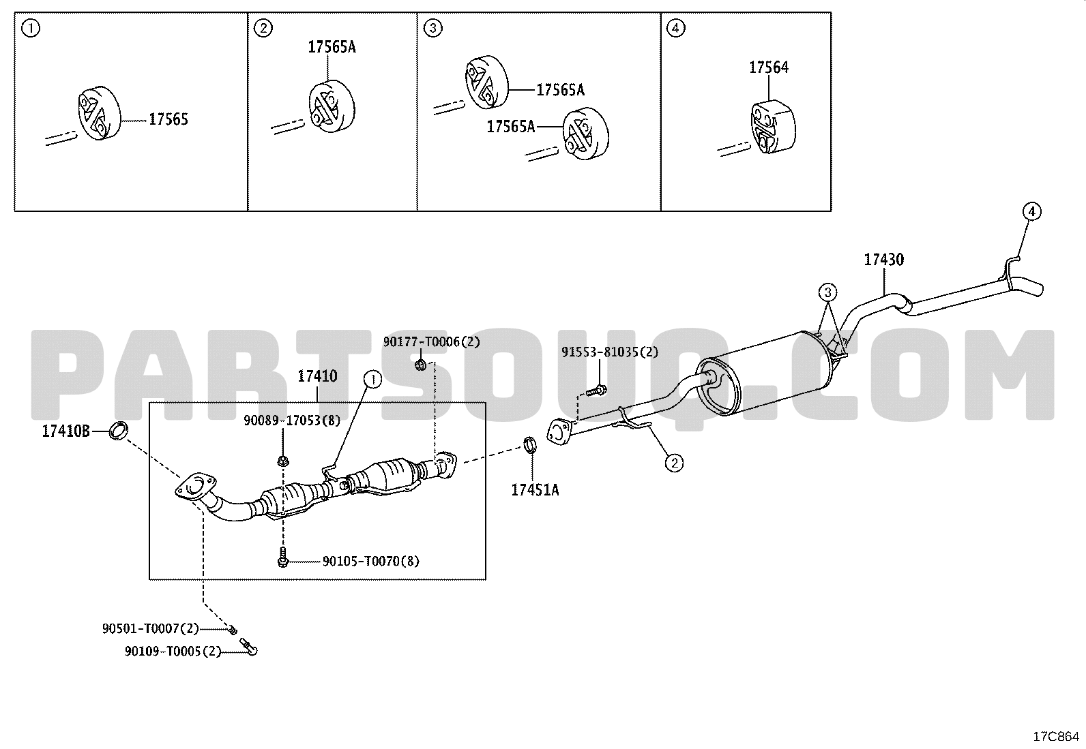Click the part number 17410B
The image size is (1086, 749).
(66, 431)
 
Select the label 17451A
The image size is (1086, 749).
(535, 490)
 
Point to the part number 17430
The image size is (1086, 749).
(884, 260)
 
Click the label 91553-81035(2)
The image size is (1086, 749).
(610, 352)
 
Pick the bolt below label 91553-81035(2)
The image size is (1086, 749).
(596, 390)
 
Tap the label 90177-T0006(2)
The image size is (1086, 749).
(432, 342)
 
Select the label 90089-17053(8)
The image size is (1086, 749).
(292, 421)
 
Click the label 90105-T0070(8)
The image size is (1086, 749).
(371, 562)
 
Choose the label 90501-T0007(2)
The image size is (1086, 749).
(151, 629)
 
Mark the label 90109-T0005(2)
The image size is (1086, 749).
(173, 652)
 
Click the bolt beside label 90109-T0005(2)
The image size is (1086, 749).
(249, 647)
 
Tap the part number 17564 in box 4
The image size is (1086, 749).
(769, 68)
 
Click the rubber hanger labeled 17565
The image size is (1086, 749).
(100, 113)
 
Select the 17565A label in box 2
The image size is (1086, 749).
(332, 47)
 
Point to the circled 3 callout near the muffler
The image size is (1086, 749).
(827, 292)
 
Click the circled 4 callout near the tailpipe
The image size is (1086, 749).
(1031, 212)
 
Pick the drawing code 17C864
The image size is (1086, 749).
(1057, 737)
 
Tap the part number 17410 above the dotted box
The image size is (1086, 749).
(318, 376)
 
